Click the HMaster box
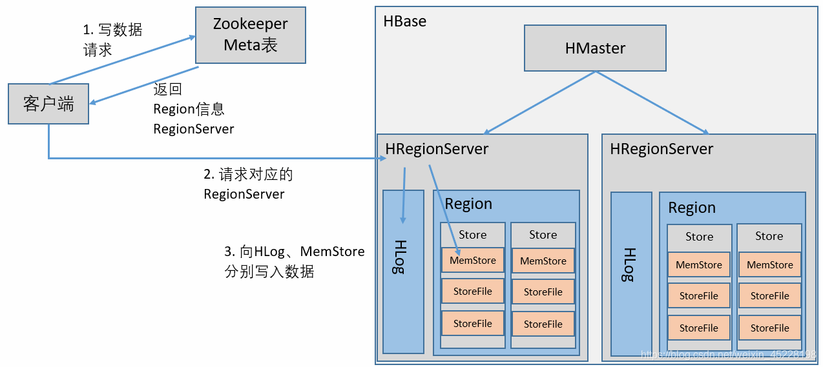(594, 48)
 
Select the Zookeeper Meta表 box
(250, 35)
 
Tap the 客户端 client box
(48, 103)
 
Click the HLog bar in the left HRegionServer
(402, 271)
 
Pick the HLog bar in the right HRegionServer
(630, 273)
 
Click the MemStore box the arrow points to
(472, 261)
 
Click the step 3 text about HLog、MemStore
(295, 261)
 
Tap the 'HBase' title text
(405, 21)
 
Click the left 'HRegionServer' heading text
(437, 149)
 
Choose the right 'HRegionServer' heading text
(662, 149)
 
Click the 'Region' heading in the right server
(692, 208)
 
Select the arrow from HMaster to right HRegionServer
(652, 103)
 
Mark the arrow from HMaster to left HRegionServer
(539, 103)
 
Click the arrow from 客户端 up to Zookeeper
(123, 60)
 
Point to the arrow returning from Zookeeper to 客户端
(143, 84)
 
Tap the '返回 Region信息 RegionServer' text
(193, 109)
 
